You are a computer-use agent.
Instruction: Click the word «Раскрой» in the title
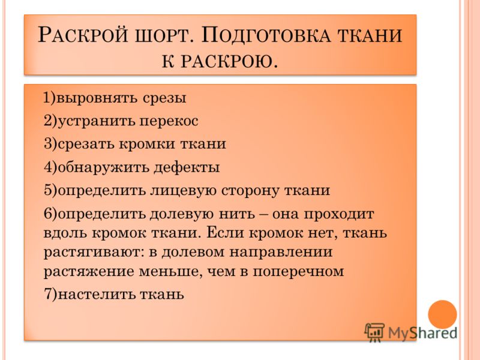[x=82, y=35]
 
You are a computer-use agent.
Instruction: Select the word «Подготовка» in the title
[x=266, y=35]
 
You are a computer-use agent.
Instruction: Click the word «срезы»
[x=164, y=98]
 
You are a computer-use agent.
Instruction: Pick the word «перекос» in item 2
[x=169, y=121]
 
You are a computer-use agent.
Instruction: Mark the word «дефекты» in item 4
[x=187, y=167]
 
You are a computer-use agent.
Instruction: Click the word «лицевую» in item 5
[x=183, y=190]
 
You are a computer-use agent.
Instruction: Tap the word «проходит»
[x=338, y=214]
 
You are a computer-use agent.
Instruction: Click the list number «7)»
[x=50, y=295]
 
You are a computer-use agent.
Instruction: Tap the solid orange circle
[x=442, y=314]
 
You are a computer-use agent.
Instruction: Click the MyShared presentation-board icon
[x=374, y=332]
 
